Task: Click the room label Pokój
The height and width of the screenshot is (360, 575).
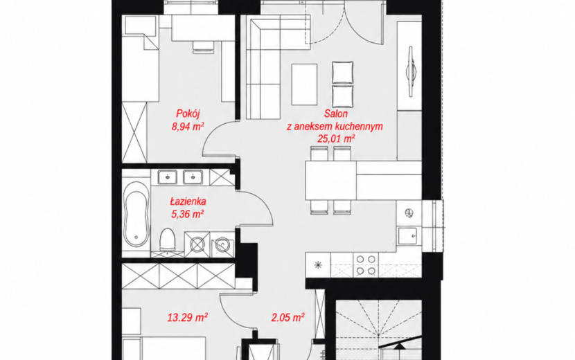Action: (x=188, y=114)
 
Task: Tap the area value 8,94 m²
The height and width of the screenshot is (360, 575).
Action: (x=188, y=127)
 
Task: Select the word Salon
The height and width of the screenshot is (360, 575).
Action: (x=335, y=114)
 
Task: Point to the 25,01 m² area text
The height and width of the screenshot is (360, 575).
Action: (x=336, y=138)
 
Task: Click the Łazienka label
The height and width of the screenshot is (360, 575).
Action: (x=188, y=201)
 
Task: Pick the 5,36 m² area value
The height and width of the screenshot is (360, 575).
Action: (x=188, y=214)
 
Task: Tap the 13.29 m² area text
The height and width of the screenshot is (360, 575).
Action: (x=188, y=317)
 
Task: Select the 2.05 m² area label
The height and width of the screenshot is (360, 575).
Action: (x=288, y=317)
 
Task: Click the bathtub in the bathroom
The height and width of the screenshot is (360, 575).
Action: (x=136, y=214)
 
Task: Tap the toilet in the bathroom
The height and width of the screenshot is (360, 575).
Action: (x=168, y=240)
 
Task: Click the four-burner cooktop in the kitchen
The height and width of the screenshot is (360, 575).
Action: (x=366, y=265)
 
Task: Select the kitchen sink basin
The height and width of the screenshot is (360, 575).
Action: (x=407, y=235)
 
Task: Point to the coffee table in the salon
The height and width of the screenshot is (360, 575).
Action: (x=304, y=84)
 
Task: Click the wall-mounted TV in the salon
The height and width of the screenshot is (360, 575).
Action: (x=410, y=72)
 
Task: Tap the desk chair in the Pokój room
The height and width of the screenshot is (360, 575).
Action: (x=203, y=47)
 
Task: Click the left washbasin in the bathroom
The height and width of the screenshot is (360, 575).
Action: (x=168, y=177)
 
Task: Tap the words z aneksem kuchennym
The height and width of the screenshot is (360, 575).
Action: (x=335, y=127)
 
